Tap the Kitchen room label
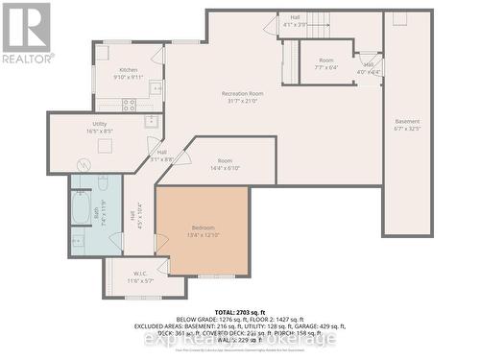(x=128, y=71)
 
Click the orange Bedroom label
(x=203, y=227)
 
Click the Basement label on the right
(x=407, y=122)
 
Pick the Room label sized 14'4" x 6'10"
(x=225, y=160)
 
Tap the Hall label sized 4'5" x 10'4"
(x=133, y=218)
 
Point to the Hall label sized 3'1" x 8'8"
(x=161, y=153)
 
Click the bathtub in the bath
(x=80, y=208)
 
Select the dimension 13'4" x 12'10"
(x=203, y=234)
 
